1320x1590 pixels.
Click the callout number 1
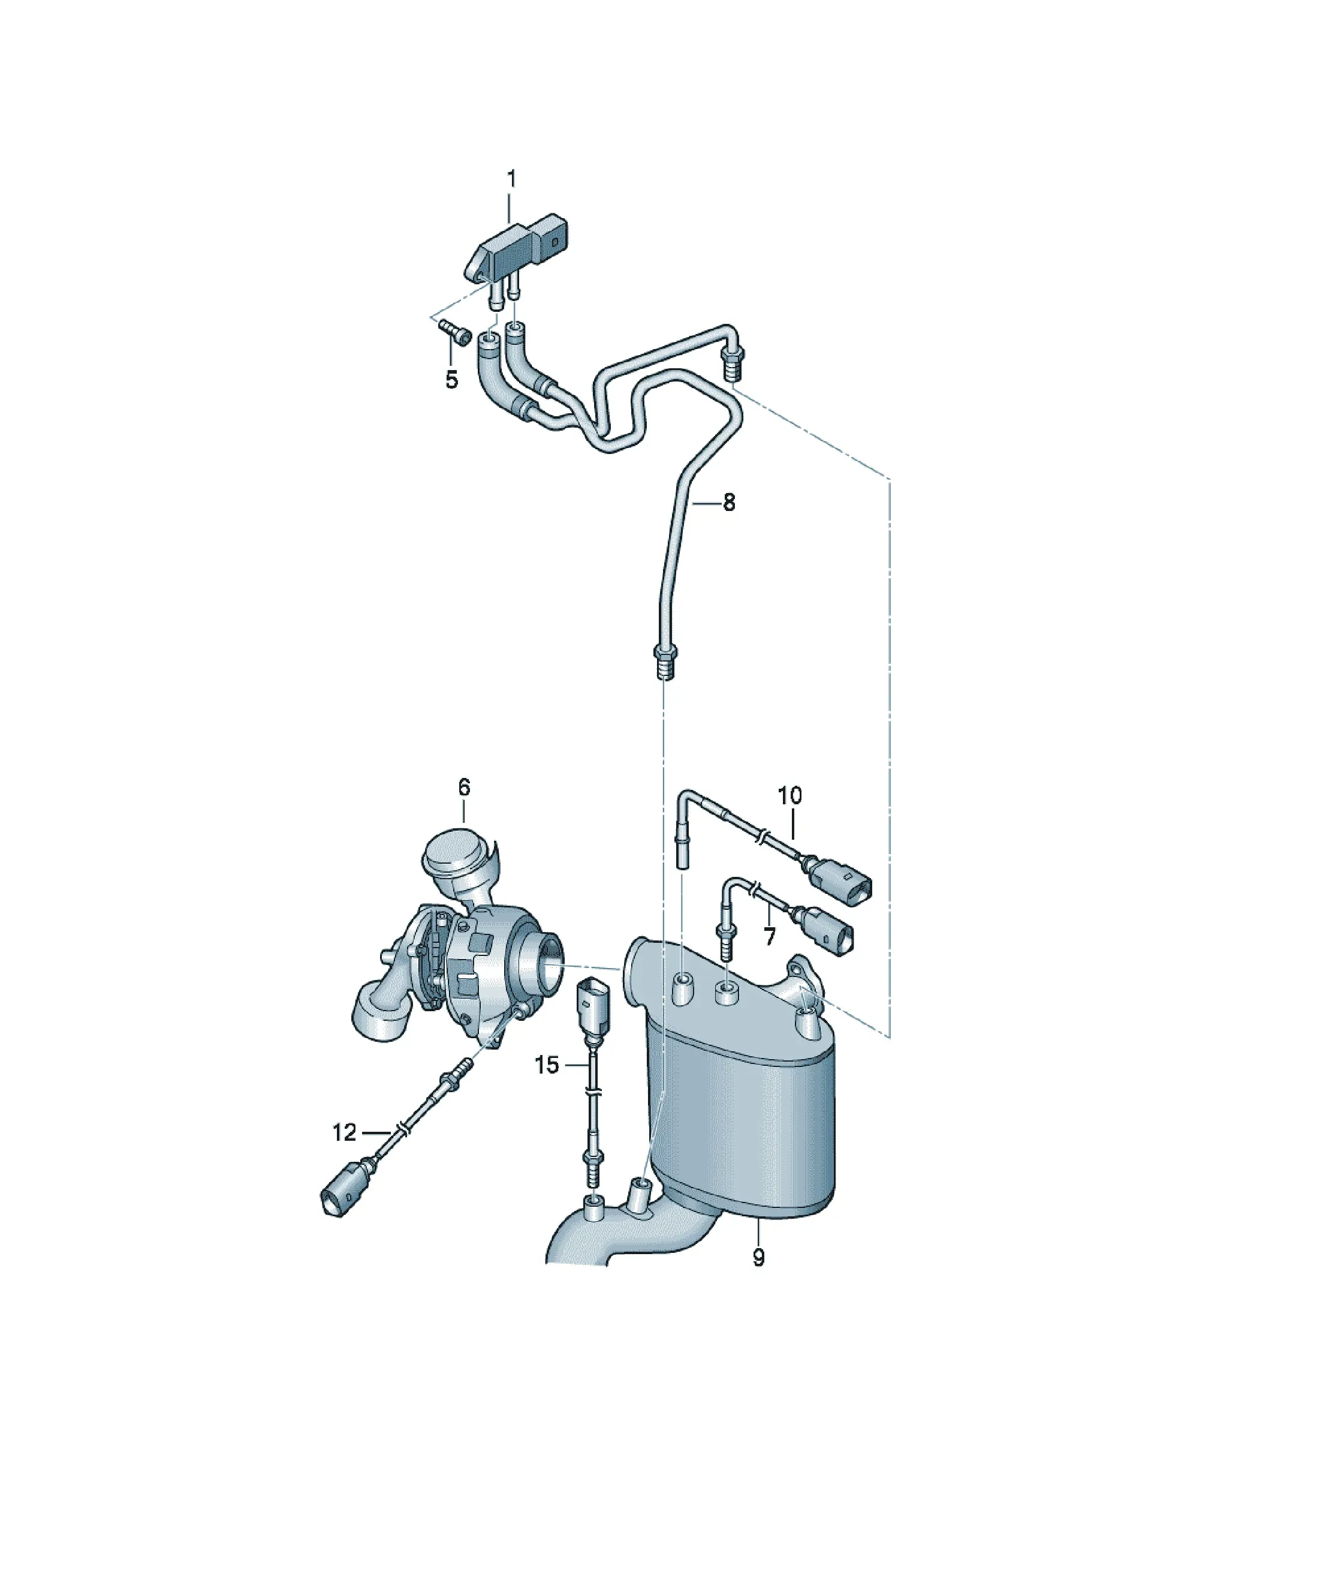pyautogui.click(x=512, y=180)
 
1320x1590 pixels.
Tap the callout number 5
pyautogui.click(x=452, y=379)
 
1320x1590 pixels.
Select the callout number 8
pyautogui.click(x=729, y=502)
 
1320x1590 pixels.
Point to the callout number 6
pyautogui.click(x=464, y=788)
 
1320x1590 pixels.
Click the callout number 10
pyautogui.click(x=789, y=796)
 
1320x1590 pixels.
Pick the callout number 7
pyautogui.click(x=770, y=937)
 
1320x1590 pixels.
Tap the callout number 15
pyautogui.click(x=547, y=1065)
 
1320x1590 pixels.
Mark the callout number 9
pyautogui.click(x=758, y=1258)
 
